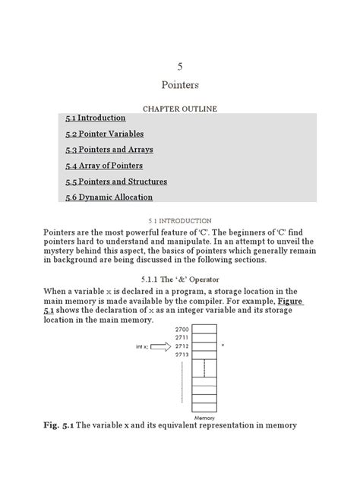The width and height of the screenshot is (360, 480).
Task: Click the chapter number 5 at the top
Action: pos(179,66)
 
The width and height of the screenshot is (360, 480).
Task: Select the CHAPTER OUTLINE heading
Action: pos(180,109)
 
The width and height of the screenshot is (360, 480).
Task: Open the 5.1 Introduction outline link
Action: pos(96,118)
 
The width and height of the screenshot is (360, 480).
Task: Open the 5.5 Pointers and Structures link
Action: pos(116,182)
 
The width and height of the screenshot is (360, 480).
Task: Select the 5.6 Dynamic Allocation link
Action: pos(109,197)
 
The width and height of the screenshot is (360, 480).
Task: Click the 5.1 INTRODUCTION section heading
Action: pos(180,220)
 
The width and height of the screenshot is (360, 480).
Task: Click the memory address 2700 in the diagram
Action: pos(182,330)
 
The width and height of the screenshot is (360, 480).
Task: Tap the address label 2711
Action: pos(182,337)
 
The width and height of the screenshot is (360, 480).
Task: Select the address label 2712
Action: pos(182,346)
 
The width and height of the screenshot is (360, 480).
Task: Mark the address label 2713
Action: pos(182,354)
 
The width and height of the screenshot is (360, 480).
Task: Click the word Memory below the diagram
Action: pos(204,418)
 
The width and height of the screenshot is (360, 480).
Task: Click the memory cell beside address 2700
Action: pos(204,330)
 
